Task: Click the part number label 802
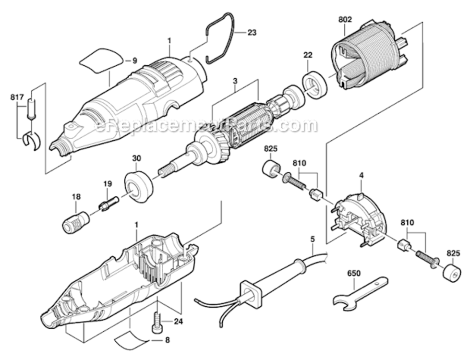[x=345, y=20]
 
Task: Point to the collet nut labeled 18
[x=76, y=221]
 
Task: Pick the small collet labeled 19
[x=108, y=203]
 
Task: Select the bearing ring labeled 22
[x=315, y=85]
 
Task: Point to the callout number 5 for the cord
[x=312, y=238]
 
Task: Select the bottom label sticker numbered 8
[x=132, y=340]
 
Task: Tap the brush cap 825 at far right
[x=452, y=273]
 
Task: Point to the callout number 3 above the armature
[x=235, y=81]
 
